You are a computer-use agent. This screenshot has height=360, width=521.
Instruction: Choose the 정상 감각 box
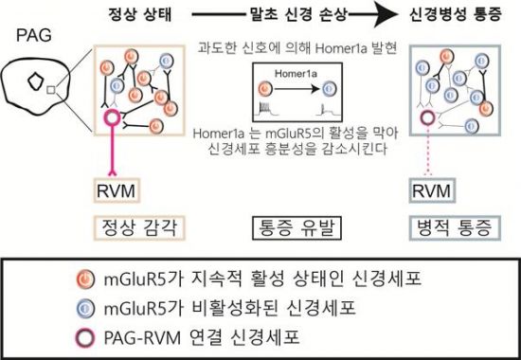133,226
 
